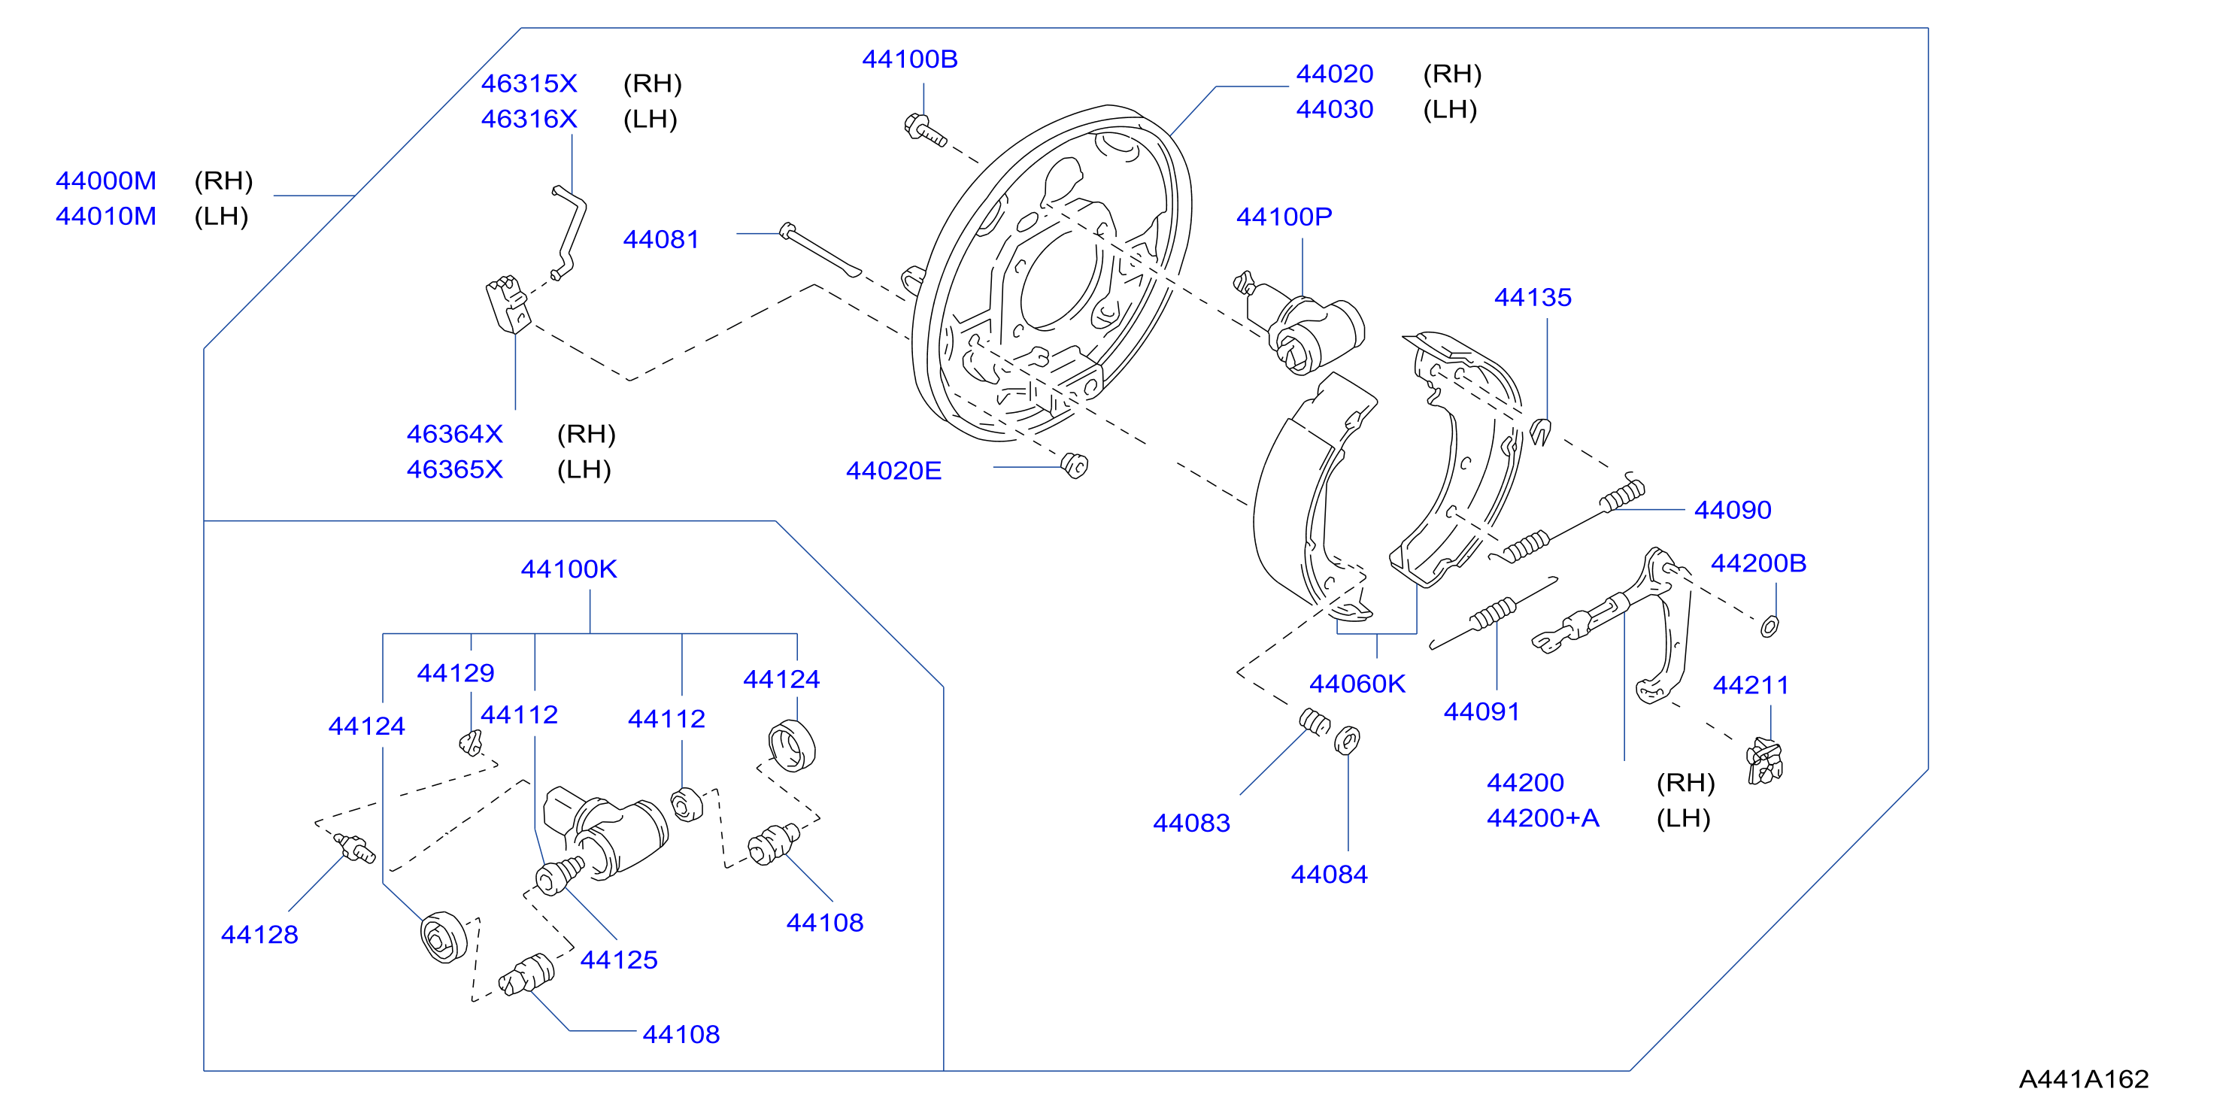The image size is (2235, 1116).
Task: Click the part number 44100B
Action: tap(909, 59)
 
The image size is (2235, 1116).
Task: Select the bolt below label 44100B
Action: tap(924, 130)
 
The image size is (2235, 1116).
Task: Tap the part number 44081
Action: tap(661, 239)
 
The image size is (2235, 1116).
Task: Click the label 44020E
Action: tap(893, 472)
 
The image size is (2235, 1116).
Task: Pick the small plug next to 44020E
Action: tap(1074, 466)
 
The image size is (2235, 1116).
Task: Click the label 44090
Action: tap(1733, 511)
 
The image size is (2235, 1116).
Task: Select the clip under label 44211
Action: tap(1765, 761)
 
